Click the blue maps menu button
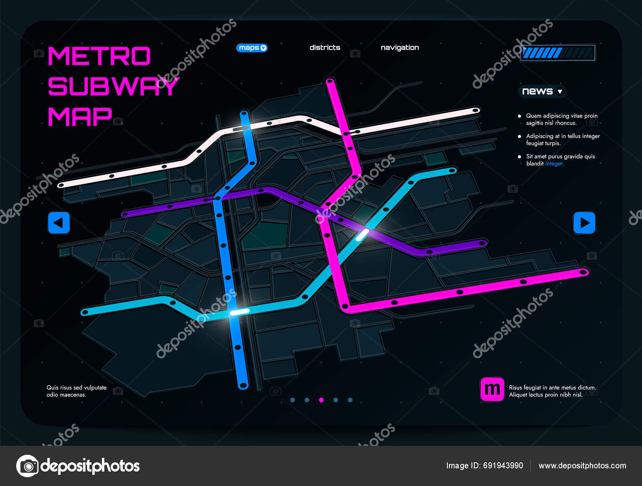[252, 48]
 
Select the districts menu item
[325, 47]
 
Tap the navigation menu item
[400, 47]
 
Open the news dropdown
[542, 92]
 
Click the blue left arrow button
[59, 223]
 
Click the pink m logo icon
[492, 389]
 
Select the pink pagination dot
[321, 400]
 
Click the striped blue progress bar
[558, 53]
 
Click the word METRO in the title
[99, 56]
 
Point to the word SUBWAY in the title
[113, 86]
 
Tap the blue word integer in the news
[554, 164]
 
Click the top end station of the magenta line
[330, 82]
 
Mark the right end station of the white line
[475, 110]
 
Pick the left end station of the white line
[61, 185]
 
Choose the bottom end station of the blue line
[243, 386]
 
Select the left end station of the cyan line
[85, 312]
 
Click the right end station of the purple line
[483, 243]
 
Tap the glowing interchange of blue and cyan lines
[239, 311]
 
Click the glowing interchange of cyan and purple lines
[362, 235]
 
